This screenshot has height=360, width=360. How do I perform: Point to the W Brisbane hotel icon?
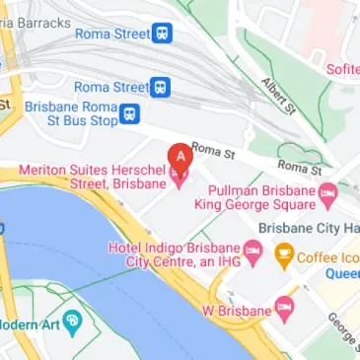point(285,305)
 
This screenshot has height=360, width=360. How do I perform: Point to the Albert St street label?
point(280,96)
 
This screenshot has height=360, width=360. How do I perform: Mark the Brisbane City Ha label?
point(308,227)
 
